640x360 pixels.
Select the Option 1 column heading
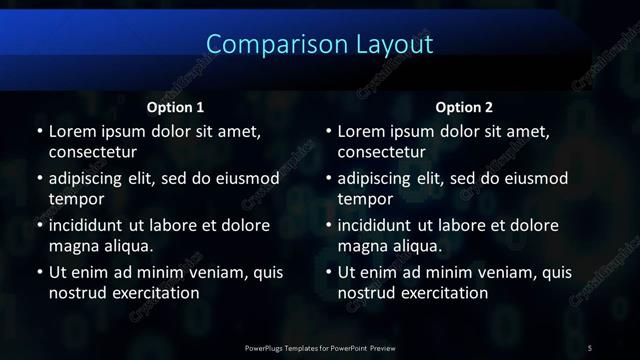pos(175,106)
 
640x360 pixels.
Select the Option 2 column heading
pos(464,106)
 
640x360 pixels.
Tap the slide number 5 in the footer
pos(590,347)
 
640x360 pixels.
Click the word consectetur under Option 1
pos(92,152)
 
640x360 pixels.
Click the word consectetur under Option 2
pos(381,152)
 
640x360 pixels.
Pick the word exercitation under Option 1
pos(154,293)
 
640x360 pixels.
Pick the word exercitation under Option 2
pos(443,293)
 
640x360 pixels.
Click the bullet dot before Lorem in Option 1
pos(39,132)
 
